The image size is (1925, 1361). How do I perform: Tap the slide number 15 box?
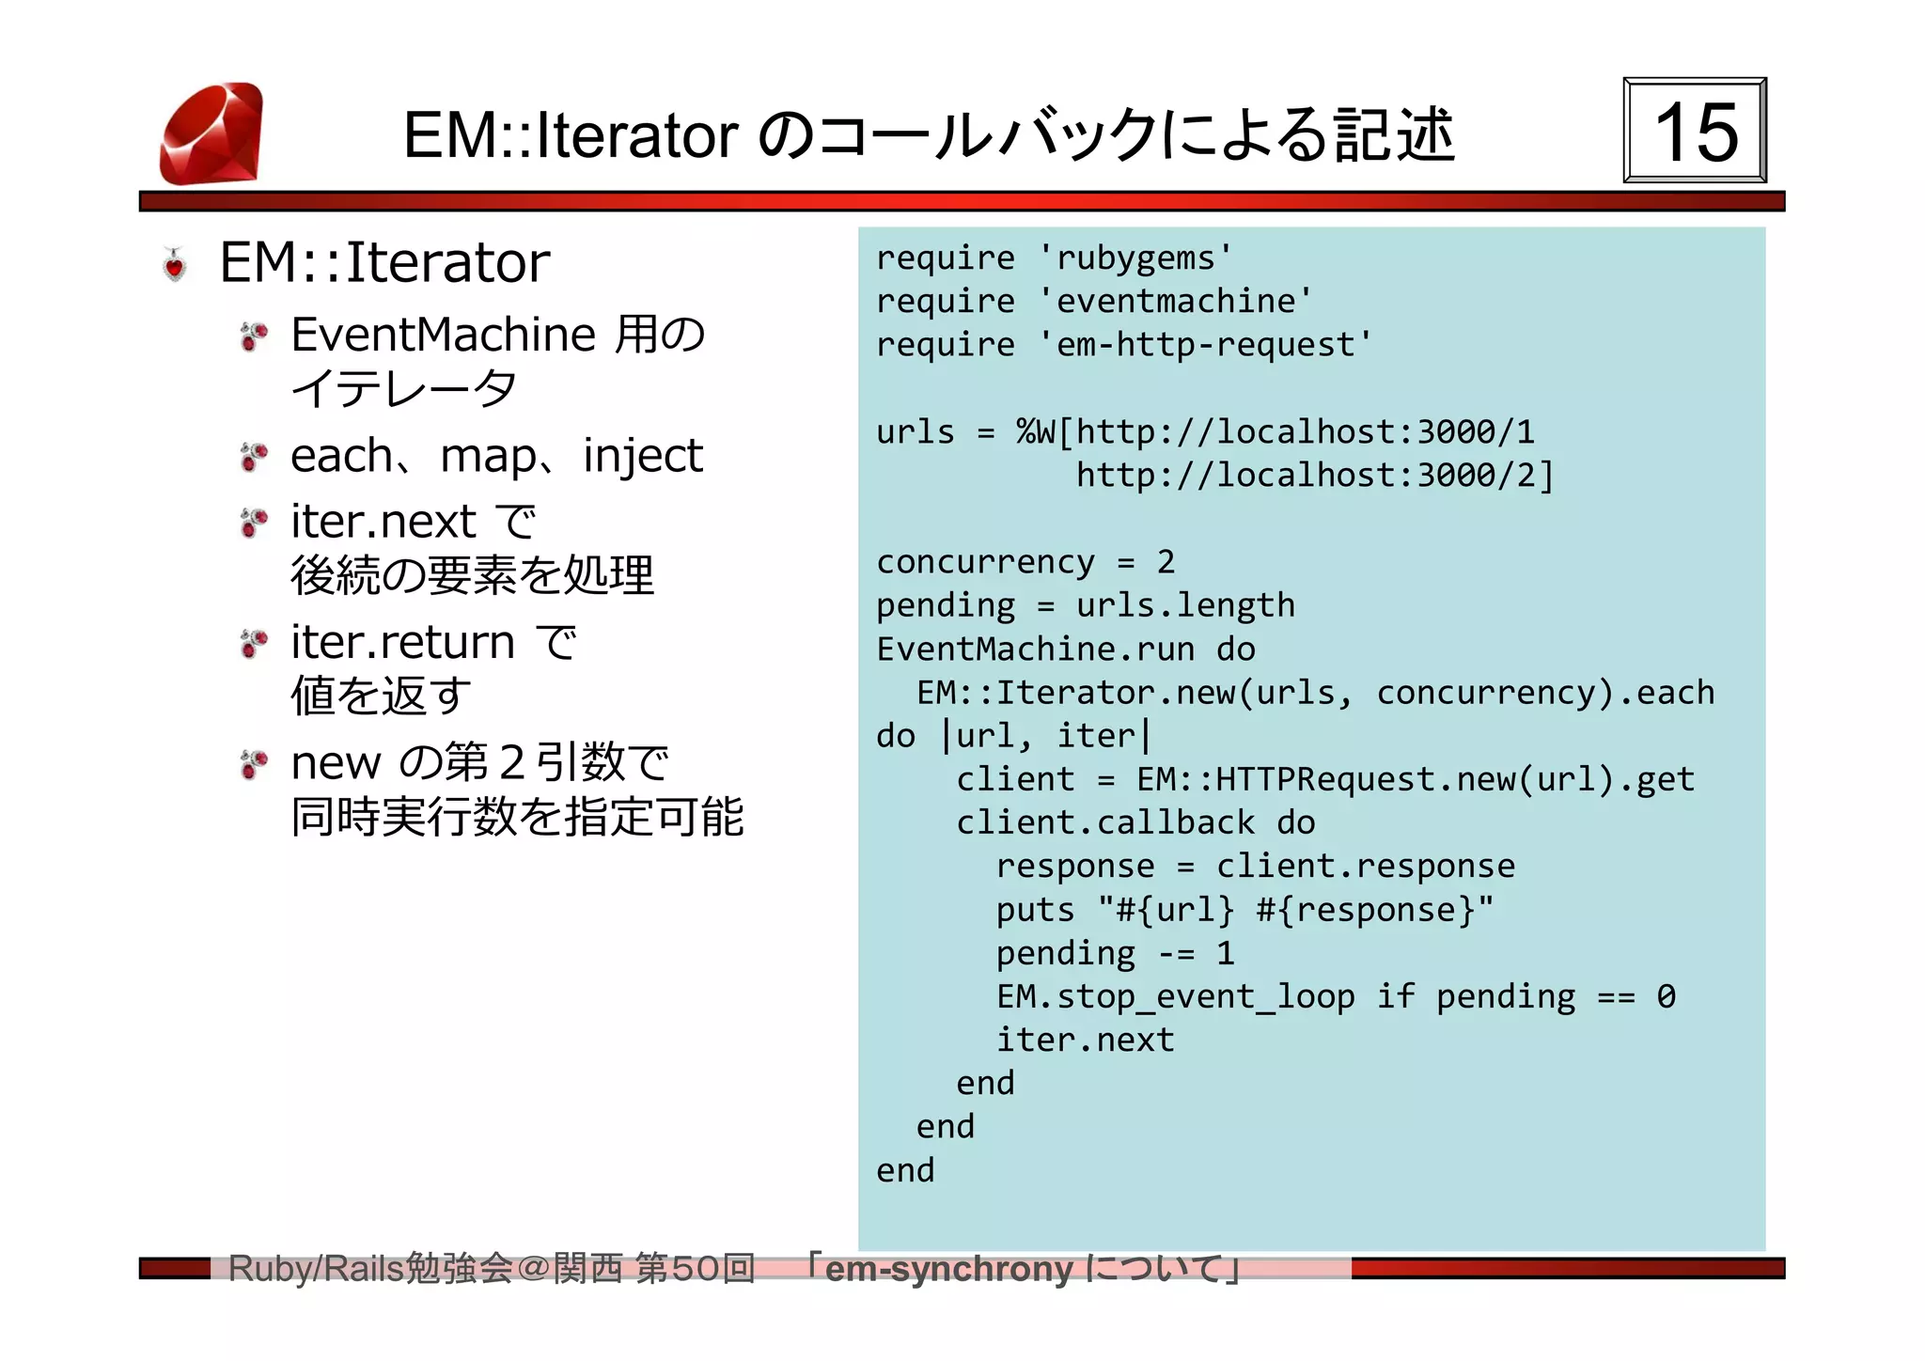1695,131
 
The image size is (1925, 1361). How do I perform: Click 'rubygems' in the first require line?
1135,258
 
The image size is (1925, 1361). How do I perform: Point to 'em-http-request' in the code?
1205,345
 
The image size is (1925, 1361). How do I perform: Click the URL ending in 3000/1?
1305,432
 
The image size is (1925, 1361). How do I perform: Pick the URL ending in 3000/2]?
1314,476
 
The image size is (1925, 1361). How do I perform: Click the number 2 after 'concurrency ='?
1166,562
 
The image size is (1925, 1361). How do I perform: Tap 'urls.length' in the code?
1185,605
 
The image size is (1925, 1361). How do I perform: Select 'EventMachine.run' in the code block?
1035,649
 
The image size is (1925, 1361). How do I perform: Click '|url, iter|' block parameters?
1045,736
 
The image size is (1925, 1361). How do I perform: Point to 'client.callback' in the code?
1104,823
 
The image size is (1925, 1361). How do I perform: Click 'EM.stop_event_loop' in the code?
1175,996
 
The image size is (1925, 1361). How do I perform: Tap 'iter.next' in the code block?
1085,1040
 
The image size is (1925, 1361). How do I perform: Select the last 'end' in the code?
905,1171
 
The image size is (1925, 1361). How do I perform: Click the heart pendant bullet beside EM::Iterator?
175,264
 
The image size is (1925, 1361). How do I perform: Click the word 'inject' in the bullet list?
642,457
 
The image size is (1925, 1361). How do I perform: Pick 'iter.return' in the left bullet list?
402,643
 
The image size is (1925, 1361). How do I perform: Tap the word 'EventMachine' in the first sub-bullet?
443,335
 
